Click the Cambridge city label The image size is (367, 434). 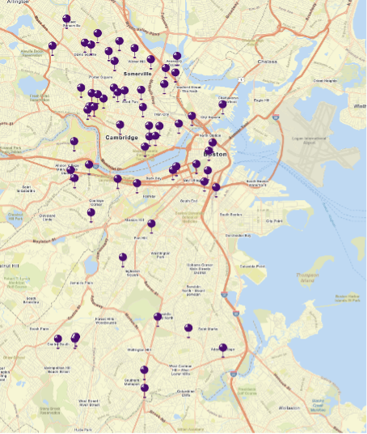click(121, 138)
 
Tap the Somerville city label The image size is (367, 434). click(138, 73)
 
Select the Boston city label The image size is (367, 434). click(215, 152)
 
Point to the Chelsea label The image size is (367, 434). click(267, 61)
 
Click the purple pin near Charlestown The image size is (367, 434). click(222, 104)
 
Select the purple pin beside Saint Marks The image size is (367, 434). click(188, 328)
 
